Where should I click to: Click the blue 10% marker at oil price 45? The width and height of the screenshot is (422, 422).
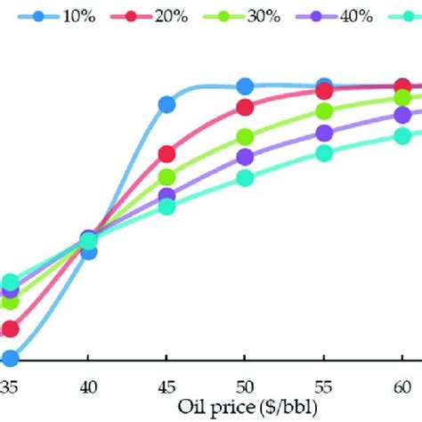pos(166,105)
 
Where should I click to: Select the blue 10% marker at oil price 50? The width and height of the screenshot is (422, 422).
pos(245,85)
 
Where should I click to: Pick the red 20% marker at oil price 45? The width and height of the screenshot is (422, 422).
pos(166,154)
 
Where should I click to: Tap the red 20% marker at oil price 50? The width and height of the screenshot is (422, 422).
pos(245,108)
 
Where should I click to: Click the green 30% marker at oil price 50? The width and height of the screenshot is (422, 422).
pos(245,137)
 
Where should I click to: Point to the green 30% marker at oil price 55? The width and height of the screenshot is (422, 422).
pos(324,111)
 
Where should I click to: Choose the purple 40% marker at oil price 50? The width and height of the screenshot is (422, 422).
pos(245,157)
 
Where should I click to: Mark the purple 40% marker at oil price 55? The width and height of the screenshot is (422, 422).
pos(324,134)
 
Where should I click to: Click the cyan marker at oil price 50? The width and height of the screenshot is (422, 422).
pos(245,177)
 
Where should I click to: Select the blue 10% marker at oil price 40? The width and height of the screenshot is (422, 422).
pos(88,252)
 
